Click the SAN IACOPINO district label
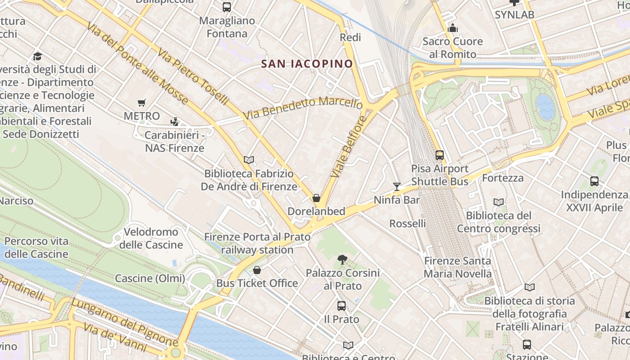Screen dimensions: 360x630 pos(307,64)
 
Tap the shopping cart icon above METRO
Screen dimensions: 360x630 pos(142,103)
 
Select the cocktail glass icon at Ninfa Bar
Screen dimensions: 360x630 pos(396,186)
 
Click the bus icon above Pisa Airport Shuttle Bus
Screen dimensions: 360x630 pos(440,155)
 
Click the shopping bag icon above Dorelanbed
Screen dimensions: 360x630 pos(316,198)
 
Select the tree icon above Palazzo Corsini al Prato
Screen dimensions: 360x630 pos(342,259)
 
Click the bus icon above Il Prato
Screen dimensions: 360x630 pos(342,306)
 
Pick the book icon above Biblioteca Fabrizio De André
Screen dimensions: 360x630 pos(249,160)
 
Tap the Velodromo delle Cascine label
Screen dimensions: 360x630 pos(151,238)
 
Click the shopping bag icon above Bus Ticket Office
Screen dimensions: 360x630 pos(257,270)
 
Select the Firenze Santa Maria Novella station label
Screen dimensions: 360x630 pos(458,267)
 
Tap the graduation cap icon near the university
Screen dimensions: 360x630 pos(37,56)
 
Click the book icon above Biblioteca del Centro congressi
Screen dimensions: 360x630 pos(499,202)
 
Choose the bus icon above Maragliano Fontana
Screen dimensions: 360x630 pos(227,7)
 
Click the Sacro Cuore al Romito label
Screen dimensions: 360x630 pos(452,48)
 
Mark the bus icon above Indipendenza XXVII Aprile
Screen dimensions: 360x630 pos(594,181)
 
